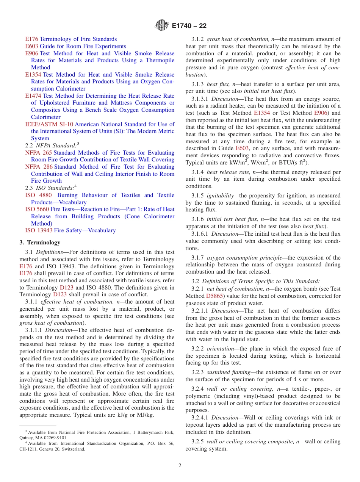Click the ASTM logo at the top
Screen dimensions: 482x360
tap(162, 26)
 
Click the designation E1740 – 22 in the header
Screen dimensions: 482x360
tap(189, 26)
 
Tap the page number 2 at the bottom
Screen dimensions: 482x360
tap(180, 466)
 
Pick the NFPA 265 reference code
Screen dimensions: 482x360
tap(36, 153)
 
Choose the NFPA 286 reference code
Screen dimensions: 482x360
tap(36, 167)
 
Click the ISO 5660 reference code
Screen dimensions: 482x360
tap(37, 209)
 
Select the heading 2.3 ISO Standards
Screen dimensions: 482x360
tap(50, 188)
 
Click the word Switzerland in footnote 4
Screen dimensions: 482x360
tap(73, 449)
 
